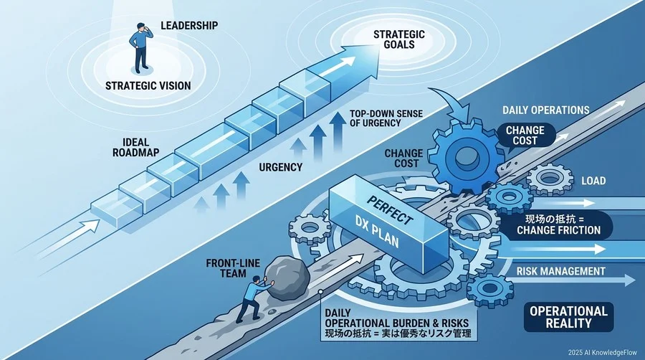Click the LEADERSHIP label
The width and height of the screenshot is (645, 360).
[189, 26]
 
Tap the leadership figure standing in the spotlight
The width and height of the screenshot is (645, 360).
[140, 48]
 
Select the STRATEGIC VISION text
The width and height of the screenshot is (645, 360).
[148, 85]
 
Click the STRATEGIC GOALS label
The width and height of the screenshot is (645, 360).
[398, 39]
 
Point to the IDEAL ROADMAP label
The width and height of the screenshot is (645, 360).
[135, 147]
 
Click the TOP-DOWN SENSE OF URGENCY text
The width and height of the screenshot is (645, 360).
[386, 118]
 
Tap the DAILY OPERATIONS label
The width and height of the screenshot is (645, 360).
[546, 110]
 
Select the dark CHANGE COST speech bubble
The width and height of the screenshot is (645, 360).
[525, 135]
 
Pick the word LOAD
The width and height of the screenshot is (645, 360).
[593, 181]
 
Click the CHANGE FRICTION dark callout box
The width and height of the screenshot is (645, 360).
[558, 224]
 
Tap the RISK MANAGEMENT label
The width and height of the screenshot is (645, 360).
[560, 271]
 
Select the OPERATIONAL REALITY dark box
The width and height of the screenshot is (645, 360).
[568, 317]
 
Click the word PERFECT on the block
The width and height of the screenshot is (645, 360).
[388, 210]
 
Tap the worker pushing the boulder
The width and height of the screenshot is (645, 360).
[252, 299]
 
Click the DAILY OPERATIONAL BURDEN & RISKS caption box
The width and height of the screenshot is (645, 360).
[398, 323]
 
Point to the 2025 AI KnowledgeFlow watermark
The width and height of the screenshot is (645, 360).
[602, 353]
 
